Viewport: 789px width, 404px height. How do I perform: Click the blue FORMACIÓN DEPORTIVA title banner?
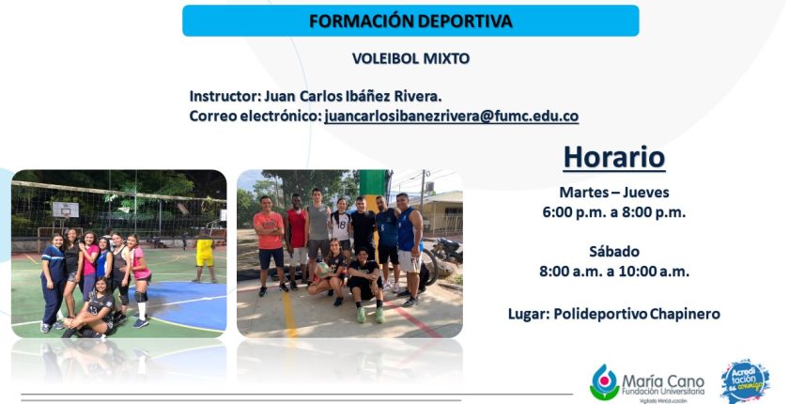pos(410,21)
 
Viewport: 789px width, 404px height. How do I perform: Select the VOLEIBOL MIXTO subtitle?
pos(410,58)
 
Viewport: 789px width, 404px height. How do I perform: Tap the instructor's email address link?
pos(452,117)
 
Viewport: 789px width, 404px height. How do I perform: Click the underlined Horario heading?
pos(614,157)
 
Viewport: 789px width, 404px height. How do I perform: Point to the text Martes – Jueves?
pos(614,193)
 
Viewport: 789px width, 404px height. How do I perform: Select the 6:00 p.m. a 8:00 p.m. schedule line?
pos(614,212)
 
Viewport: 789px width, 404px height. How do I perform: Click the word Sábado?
pos(614,251)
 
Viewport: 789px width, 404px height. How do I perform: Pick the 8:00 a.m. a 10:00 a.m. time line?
pos(614,272)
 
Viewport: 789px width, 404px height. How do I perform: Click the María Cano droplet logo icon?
pos(604,382)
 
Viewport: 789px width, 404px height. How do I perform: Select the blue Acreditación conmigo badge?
pos(745,381)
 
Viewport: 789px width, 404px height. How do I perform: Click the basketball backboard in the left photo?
pos(66,210)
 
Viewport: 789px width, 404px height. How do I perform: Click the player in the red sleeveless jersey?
pos(297,239)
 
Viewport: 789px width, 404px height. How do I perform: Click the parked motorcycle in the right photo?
pos(446,251)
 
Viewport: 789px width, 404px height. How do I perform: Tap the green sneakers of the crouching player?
pos(370,315)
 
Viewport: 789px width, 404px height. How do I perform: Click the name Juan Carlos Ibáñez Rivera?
pos(353,96)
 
